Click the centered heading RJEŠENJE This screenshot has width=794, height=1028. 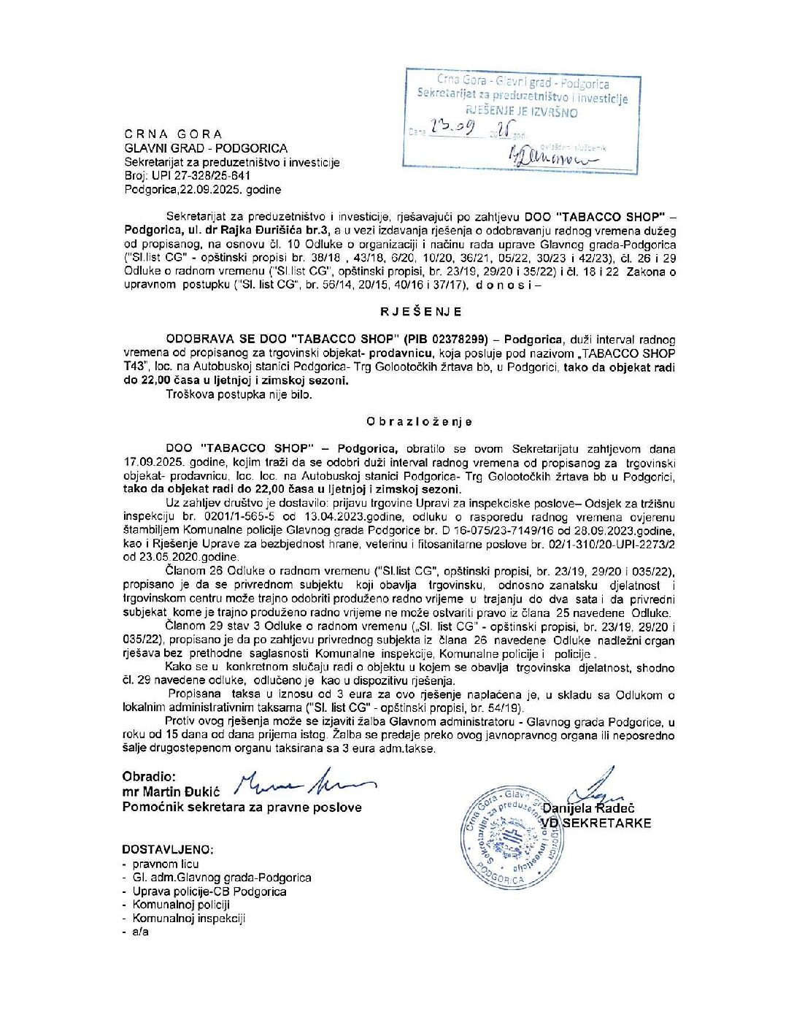420,312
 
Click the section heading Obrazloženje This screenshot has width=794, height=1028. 420,422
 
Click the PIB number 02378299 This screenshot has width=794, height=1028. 462,340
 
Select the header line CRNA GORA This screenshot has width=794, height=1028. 173,134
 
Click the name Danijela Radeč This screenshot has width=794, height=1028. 588,808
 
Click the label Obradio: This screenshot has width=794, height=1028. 149,777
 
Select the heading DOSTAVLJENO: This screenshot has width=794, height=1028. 168,850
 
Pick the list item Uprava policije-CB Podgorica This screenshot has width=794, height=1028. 209,891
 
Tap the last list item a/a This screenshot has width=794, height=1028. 140,932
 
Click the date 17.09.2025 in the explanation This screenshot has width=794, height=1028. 155,463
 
